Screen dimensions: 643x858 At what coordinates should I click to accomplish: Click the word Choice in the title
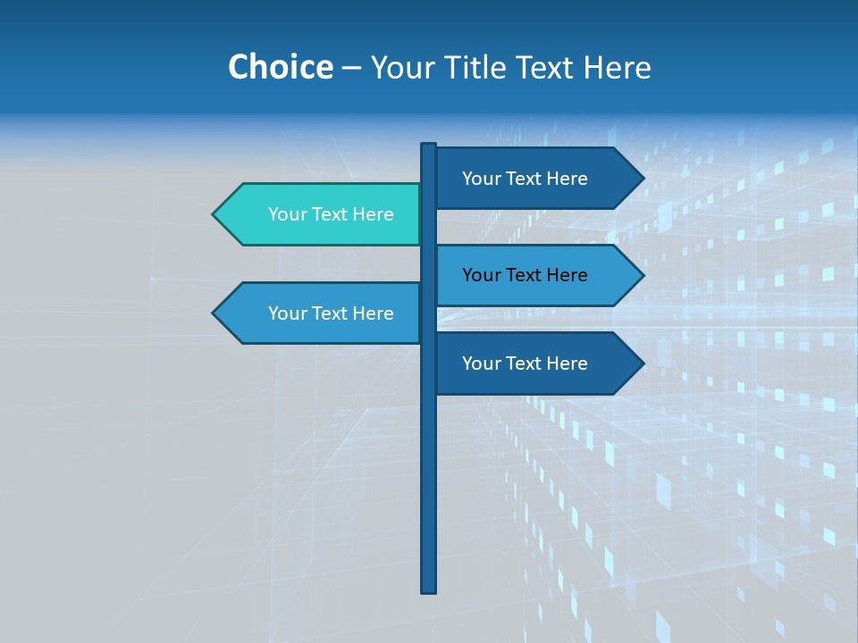[280, 67]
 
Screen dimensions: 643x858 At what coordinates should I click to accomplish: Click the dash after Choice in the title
[351, 68]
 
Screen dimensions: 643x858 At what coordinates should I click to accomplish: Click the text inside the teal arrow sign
[331, 214]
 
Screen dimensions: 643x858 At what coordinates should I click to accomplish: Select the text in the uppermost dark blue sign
[525, 179]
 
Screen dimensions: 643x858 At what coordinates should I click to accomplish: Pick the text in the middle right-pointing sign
[525, 275]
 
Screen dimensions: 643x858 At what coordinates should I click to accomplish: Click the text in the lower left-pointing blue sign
[331, 313]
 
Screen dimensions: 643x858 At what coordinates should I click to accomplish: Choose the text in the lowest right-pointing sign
[525, 363]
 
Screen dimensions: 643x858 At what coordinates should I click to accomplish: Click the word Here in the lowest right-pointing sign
[567, 363]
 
